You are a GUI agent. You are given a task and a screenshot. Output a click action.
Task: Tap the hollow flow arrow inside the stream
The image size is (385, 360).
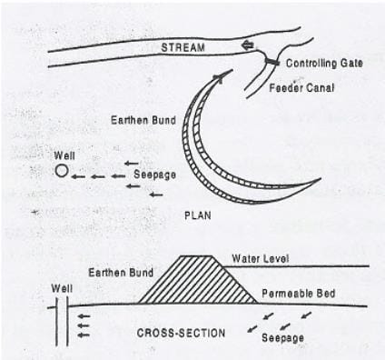click(248, 45)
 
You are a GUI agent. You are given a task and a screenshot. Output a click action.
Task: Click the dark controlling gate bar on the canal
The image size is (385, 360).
click(270, 61)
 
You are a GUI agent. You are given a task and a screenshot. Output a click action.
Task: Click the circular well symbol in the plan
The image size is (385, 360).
click(61, 171)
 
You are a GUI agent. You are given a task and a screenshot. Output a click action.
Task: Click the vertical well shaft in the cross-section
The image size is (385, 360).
click(61, 324)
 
